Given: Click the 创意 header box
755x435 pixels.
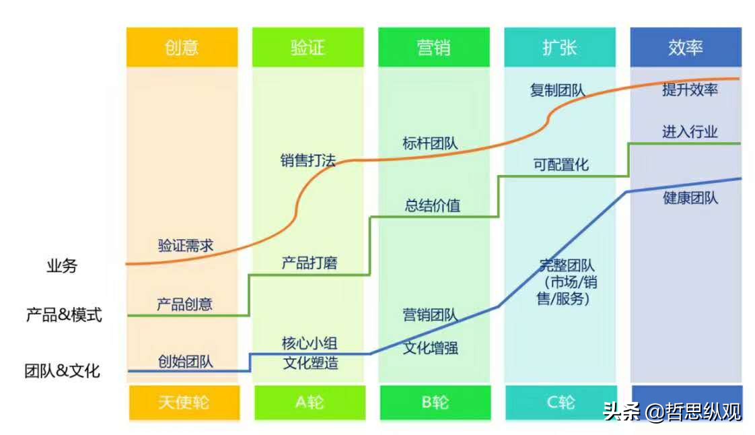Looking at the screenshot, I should [182, 47].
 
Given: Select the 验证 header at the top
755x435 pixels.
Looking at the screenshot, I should [308, 47].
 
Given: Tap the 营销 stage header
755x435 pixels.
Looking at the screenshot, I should [434, 47].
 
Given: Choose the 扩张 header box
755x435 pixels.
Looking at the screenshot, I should [559, 47].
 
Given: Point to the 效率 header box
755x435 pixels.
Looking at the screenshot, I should [686, 47].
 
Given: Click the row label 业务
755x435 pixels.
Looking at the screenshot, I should [62, 266].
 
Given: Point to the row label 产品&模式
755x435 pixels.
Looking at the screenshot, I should [64, 314].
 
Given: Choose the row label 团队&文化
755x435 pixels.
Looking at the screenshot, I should [62, 370].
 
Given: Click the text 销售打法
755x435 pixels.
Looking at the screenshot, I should [308, 161].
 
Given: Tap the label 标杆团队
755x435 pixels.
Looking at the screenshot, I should [430, 143].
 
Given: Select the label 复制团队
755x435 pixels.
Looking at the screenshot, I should [557, 90].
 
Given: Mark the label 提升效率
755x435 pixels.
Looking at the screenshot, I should [690, 90].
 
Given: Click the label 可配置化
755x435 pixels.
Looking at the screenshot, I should [561, 164].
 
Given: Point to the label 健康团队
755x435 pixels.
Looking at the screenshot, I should [690, 198].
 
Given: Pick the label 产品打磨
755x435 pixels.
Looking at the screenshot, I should [309, 263].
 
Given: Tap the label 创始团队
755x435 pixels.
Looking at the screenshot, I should [185, 361].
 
